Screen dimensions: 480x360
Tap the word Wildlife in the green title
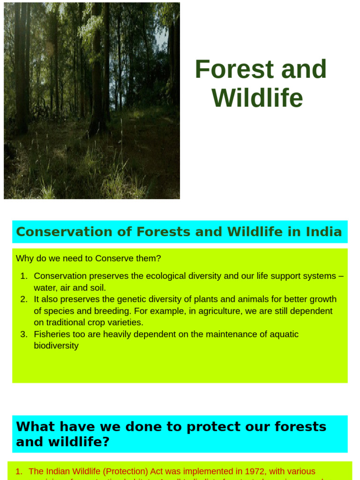click(x=257, y=98)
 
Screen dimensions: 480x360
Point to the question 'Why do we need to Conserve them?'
click(x=88, y=258)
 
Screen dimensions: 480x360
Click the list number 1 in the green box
click(x=23, y=276)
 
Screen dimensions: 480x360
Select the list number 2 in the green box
click(x=23, y=300)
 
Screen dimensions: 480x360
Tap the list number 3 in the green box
click(x=23, y=334)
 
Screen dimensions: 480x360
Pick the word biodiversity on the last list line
click(x=56, y=346)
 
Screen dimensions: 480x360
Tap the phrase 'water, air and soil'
click(x=70, y=288)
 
